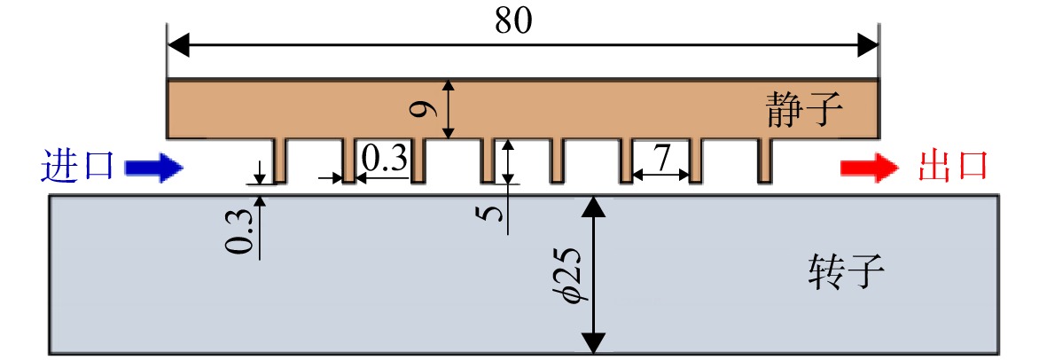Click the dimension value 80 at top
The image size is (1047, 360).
[513, 21]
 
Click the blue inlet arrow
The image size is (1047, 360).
[153, 168]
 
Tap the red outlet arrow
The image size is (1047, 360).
[871, 168]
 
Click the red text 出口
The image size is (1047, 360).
[952, 168]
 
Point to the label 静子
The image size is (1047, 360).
[800, 110]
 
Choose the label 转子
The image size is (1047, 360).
[846, 272]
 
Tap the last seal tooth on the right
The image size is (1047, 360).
[765, 160]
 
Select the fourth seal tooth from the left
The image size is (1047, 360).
[488, 160]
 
